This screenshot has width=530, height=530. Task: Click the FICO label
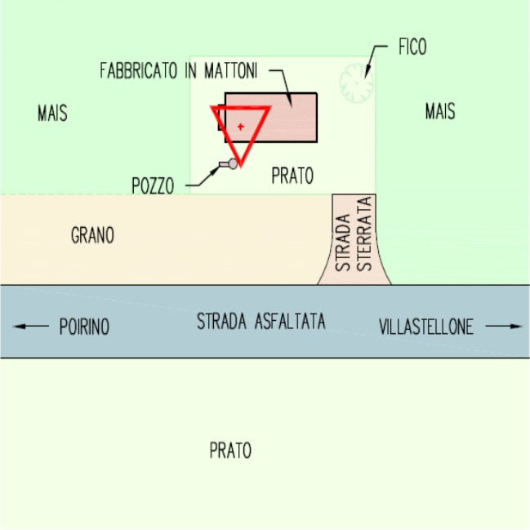(412, 47)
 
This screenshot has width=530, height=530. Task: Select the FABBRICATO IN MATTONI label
(179, 71)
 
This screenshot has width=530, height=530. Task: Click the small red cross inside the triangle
(240, 126)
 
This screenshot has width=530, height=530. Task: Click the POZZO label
(153, 185)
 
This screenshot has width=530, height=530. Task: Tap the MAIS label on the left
(52, 113)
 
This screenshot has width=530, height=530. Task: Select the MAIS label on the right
(440, 112)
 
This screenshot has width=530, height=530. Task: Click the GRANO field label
(93, 236)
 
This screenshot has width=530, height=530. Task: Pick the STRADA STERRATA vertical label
(354, 239)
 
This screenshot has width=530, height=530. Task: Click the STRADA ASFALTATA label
(261, 322)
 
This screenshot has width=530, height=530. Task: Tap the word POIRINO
(84, 327)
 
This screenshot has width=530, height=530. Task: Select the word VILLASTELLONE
(426, 327)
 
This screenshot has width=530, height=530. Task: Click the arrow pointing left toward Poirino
(31, 327)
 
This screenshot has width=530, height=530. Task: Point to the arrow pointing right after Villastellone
(504, 327)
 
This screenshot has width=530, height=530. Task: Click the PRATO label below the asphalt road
(230, 450)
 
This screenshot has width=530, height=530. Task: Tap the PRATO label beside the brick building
(292, 176)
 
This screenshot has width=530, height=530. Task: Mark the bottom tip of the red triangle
(240, 163)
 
